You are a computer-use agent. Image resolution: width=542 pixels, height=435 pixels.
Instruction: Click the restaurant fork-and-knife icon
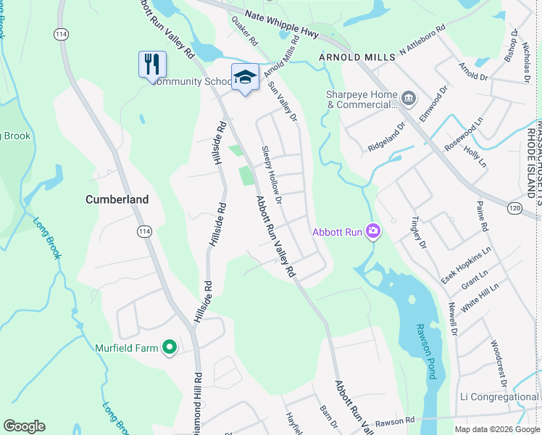(152, 64)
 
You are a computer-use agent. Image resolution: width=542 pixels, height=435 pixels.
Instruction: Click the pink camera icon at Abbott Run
(373, 231)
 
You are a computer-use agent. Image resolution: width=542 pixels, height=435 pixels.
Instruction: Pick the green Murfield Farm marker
(170, 348)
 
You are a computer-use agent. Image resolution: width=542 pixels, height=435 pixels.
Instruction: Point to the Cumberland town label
(117, 199)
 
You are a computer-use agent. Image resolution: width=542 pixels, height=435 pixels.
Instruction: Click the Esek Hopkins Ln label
(467, 264)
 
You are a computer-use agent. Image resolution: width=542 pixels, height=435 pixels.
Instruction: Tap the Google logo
(24, 426)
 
